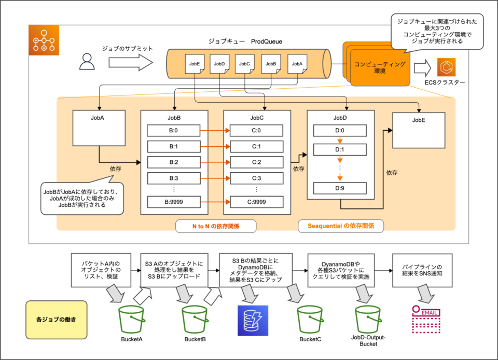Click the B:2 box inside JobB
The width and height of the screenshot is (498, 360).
pyautogui.click(x=174, y=162)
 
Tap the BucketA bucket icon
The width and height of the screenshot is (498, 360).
pyautogui.click(x=131, y=320)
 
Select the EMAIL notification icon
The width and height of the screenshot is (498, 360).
pyautogui.click(x=425, y=319)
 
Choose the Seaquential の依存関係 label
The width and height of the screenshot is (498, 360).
pyautogui.click(x=340, y=226)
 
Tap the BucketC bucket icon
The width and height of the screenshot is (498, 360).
pyautogui.click(x=310, y=320)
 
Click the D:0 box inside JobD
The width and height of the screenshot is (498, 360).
pyautogui.click(x=339, y=131)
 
